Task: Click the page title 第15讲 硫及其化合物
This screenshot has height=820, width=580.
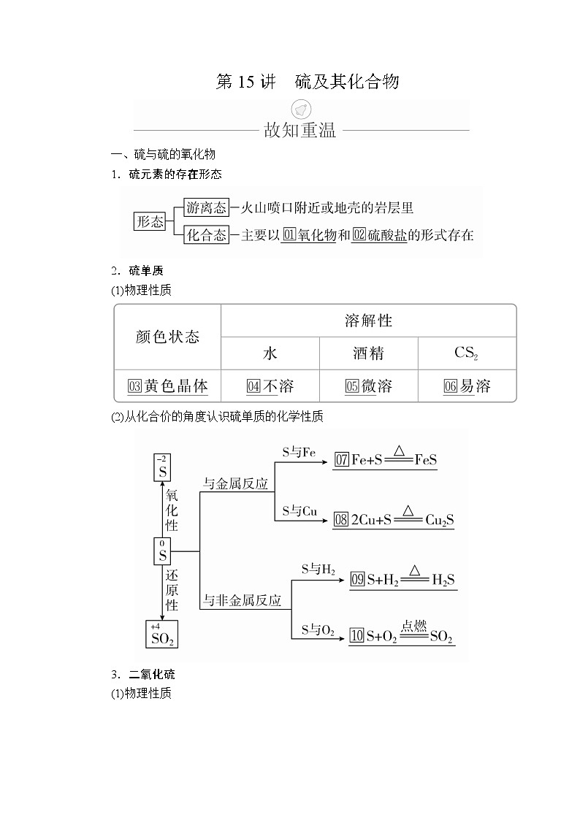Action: [307, 82]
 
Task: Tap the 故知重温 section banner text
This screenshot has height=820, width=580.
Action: [299, 131]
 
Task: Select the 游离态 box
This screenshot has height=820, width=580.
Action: [207, 207]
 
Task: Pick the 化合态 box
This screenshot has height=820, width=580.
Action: [207, 235]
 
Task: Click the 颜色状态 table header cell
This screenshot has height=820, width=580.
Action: [167, 337]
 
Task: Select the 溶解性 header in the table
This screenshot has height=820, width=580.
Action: [368, 320]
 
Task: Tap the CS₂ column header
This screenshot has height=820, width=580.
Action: [466, 353]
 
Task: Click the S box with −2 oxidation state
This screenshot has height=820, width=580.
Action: [162, 467]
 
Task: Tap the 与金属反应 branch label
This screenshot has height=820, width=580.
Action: [235, 483]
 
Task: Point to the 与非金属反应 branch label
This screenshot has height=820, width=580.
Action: [242, 600]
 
